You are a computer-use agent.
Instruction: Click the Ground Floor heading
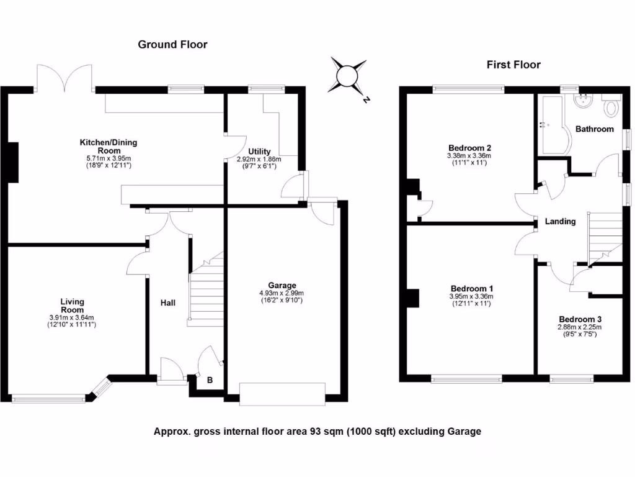pos(172,44)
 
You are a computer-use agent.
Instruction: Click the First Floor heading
pos(513,65)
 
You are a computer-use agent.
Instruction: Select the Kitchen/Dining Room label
pos(108,147)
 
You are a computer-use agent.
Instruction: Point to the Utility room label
pos(259,152)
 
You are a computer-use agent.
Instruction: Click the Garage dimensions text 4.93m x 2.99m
pos(282,293)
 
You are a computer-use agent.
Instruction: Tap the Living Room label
pos(72,306)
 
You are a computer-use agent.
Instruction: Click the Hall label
pos(167,303)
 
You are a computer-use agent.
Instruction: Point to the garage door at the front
pos(282,394)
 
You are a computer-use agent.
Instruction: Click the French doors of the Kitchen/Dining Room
pos(65,78)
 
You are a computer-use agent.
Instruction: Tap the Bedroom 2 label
pos(469,148)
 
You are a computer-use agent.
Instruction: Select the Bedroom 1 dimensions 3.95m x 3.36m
pos(472,296)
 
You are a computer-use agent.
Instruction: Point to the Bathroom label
pos(594,129)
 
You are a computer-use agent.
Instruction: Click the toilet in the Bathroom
pos(611,107)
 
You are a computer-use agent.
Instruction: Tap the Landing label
pos(560,222)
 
